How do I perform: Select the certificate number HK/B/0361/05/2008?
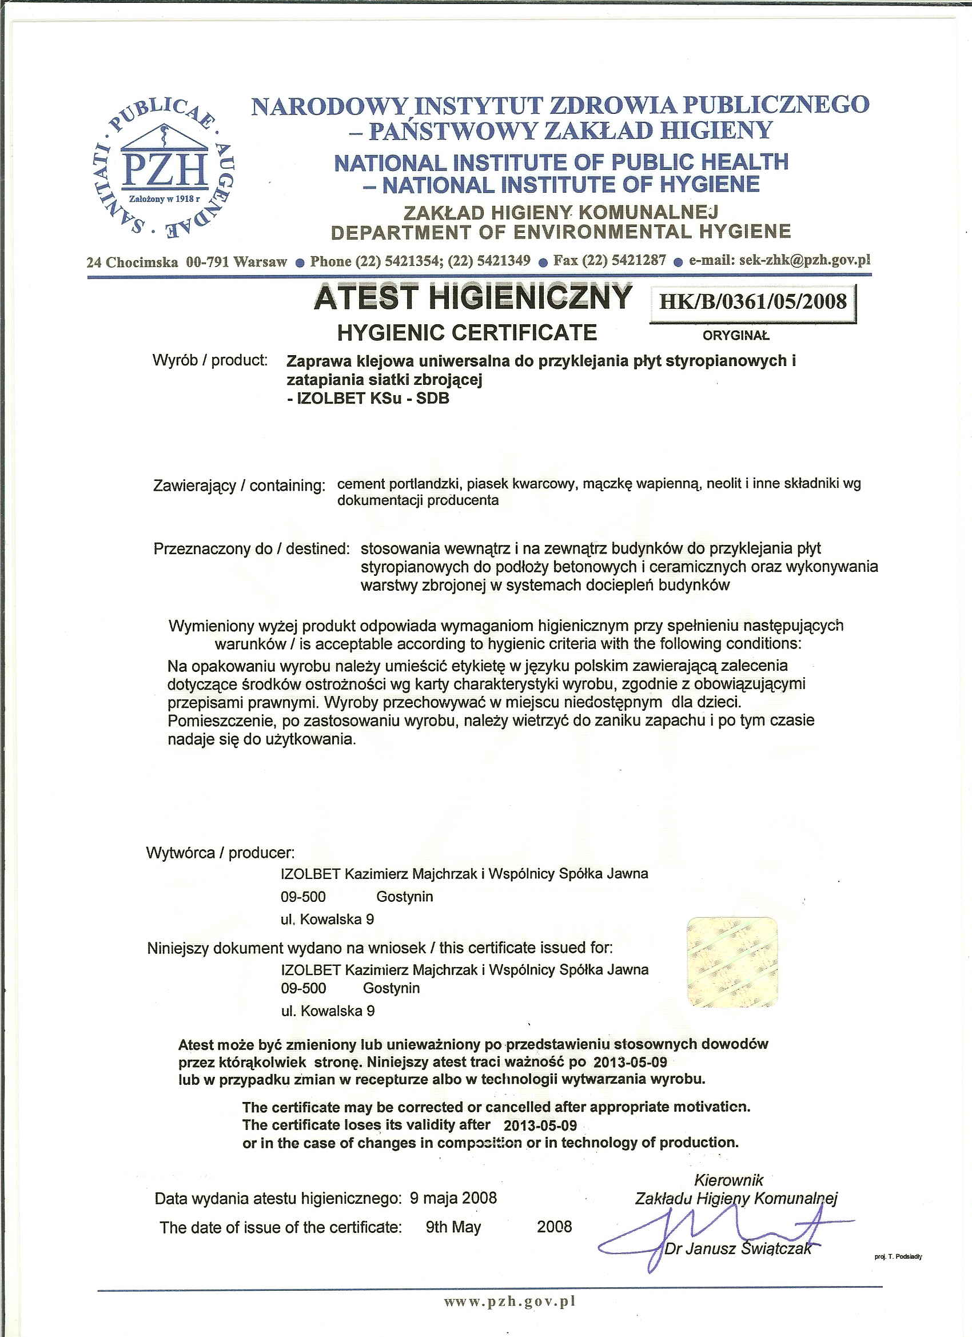(x=752, y=303)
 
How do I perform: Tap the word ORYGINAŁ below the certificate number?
(x=736, y=336)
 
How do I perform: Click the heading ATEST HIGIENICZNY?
(x=473, y=298)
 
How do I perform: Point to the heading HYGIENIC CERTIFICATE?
(x=467, y=333)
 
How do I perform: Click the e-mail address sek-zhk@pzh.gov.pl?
(x=804, y=260)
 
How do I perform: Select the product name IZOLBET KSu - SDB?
(x=373, y=399)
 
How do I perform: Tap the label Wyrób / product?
(x=210, y=360)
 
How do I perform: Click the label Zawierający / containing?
(x=239, y=486)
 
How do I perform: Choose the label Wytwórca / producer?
(x=220, y=853)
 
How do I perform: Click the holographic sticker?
(x=732, y=962)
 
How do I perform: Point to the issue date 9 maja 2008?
(x=453, y=1198)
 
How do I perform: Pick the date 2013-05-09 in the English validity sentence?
(x=540, y=1125)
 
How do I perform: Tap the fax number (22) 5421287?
(x=624, y=260)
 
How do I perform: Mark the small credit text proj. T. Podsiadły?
(x=898, y=1257)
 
